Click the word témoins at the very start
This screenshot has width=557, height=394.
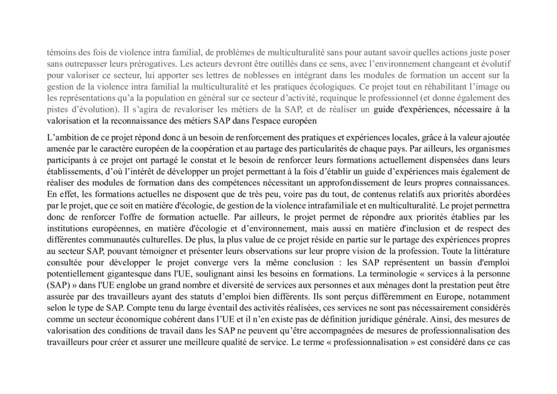click(60, 53)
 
